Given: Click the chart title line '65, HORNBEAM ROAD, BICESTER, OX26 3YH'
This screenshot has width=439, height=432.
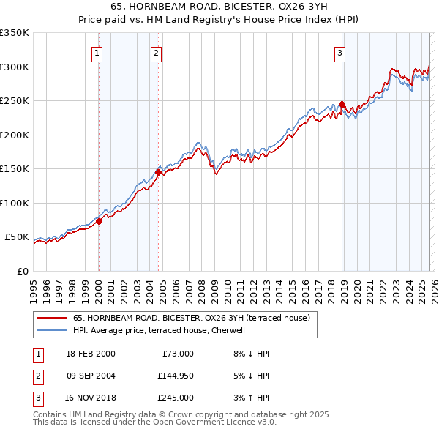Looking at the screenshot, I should point(219,7).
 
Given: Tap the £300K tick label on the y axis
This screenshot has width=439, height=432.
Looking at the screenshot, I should point(15,67).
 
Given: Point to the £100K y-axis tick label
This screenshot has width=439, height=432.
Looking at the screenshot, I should point(15,203).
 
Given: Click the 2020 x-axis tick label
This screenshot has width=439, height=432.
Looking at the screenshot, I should point(356,286).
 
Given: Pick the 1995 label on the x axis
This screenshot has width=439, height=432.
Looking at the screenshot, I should point(34,286).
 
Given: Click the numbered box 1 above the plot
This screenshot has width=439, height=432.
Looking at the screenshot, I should point(97,52).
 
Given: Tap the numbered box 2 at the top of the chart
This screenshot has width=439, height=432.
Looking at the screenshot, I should point(157,52).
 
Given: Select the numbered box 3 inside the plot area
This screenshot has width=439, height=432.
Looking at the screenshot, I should point(340,52).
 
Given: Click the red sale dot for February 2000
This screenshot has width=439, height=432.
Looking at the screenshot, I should point(100,221).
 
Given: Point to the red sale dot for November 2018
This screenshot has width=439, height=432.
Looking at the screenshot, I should point(342,104).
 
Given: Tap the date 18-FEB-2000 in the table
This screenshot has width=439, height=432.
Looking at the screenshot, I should point(90,354).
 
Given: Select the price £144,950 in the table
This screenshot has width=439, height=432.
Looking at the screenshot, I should point(176,376).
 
